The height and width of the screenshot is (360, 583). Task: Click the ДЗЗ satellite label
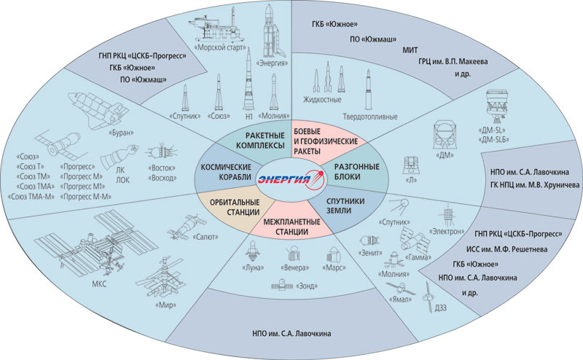point(439,308)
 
